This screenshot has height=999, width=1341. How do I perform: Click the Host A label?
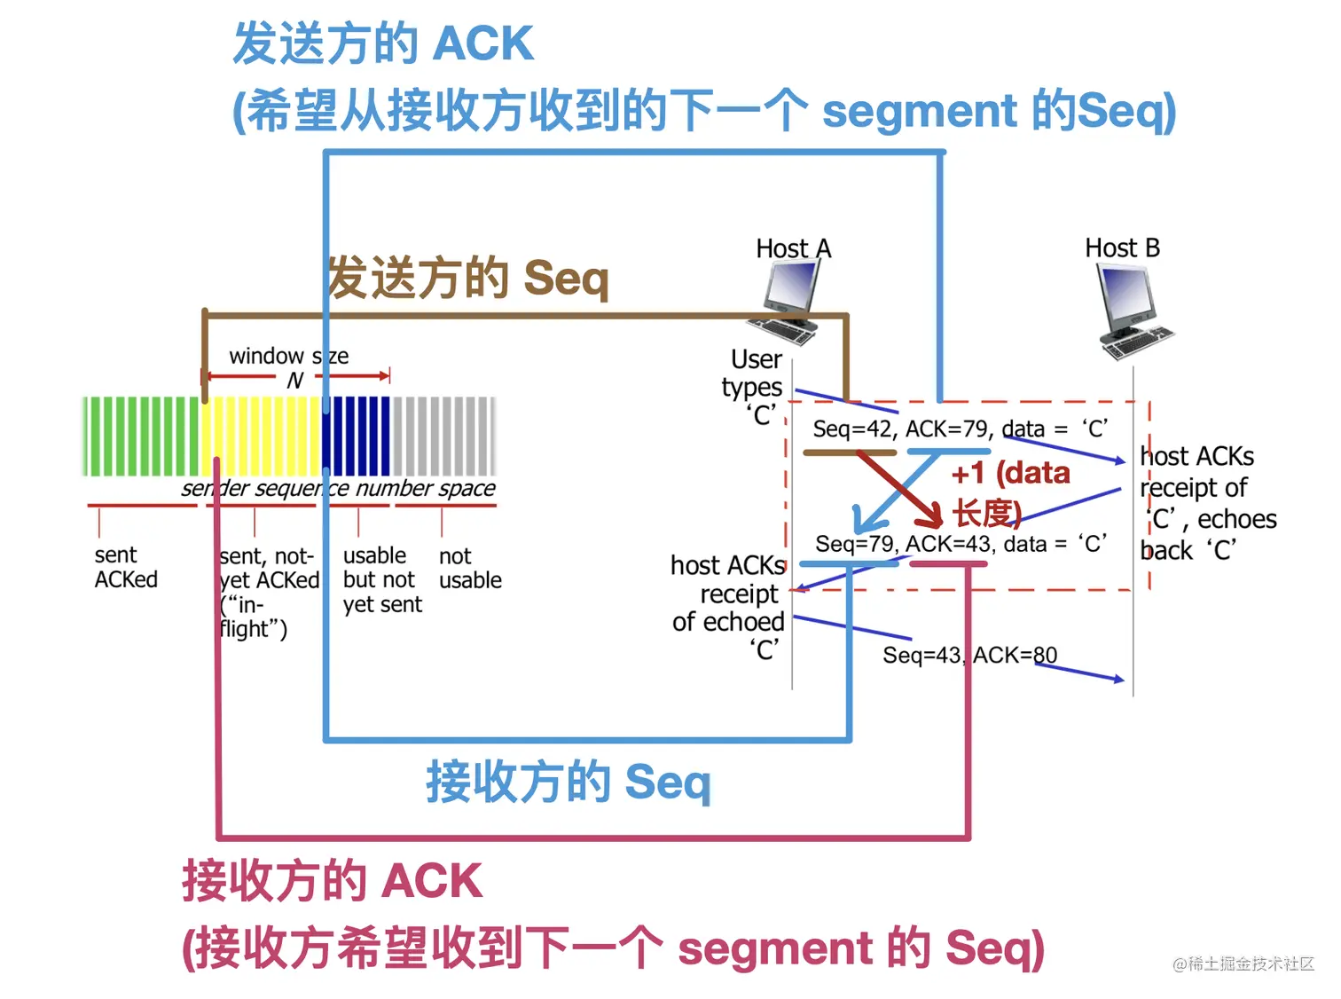pyautogui.click(x=794, y=248)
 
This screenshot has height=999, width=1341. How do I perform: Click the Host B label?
pyautogui.click(x=1122, y=248)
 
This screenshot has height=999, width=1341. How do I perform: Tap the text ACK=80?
pyautogui.click(x=1015, y=656)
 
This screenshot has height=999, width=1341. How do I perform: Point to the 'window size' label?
pyautogui.click(x=288, y=357)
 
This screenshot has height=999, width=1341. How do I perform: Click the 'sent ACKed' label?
pyautogui.click(x=126, y=568)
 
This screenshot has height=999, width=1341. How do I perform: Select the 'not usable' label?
pyautogui.click(x=469, y=569)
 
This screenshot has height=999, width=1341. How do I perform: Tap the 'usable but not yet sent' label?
pyautogui.click(x=381, y=580)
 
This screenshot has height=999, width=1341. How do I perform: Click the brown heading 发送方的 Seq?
pyautogui.click(x=468, y=279)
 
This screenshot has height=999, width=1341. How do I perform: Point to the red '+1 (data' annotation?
pyautogui.click(x=1010, y=474)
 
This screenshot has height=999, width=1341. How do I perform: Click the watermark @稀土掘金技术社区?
pyautogui.click(x=1243, y=964)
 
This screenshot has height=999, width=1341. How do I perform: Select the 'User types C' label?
pyautogui.click(x=754, y=387)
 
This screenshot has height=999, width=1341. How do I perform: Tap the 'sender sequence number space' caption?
pyautogui.click(x=338, y=489)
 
